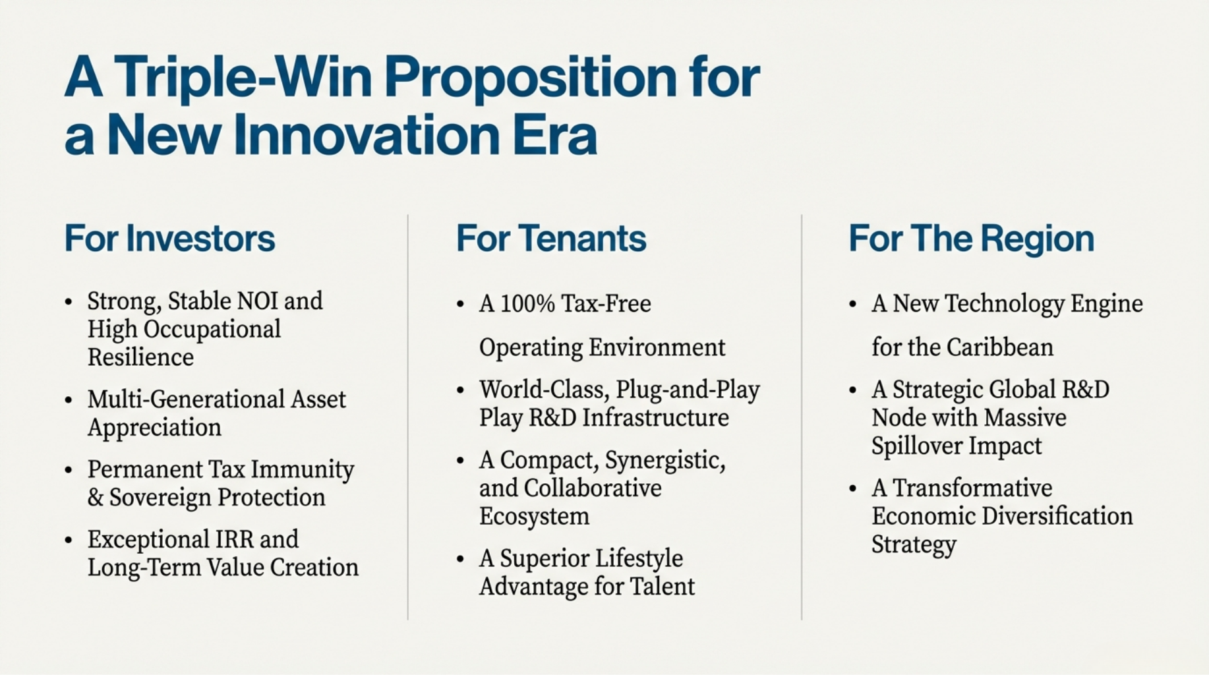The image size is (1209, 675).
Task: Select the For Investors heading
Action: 169,238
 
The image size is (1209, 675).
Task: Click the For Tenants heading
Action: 551,238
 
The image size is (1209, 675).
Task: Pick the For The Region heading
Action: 971,239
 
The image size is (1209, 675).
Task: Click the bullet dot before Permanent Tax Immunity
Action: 69,471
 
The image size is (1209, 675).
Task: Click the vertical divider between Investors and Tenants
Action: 408,417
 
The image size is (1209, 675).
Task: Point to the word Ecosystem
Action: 534,517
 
